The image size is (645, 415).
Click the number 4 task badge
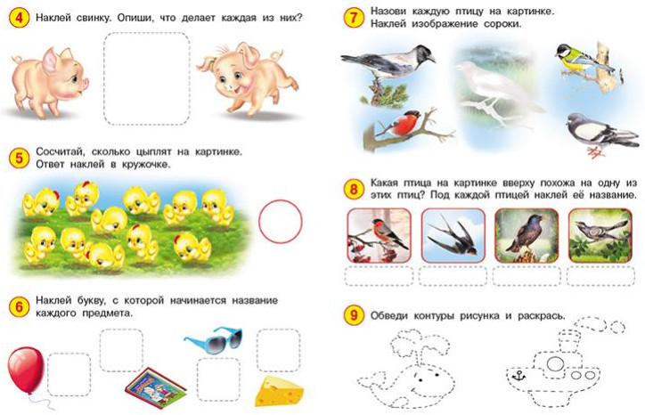19,18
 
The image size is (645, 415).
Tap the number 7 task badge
354,18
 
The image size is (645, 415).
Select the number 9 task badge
354,315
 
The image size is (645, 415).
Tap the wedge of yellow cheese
279,391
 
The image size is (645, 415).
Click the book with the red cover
156,387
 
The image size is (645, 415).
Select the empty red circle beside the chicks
281,221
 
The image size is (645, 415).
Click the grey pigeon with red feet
600,134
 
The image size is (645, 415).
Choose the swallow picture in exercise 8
453,236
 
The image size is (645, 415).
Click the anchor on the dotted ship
518,375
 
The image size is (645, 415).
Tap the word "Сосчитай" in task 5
61,151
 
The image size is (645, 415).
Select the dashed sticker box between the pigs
147,78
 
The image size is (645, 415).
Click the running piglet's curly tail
276,54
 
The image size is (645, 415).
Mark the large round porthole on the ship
554,364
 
